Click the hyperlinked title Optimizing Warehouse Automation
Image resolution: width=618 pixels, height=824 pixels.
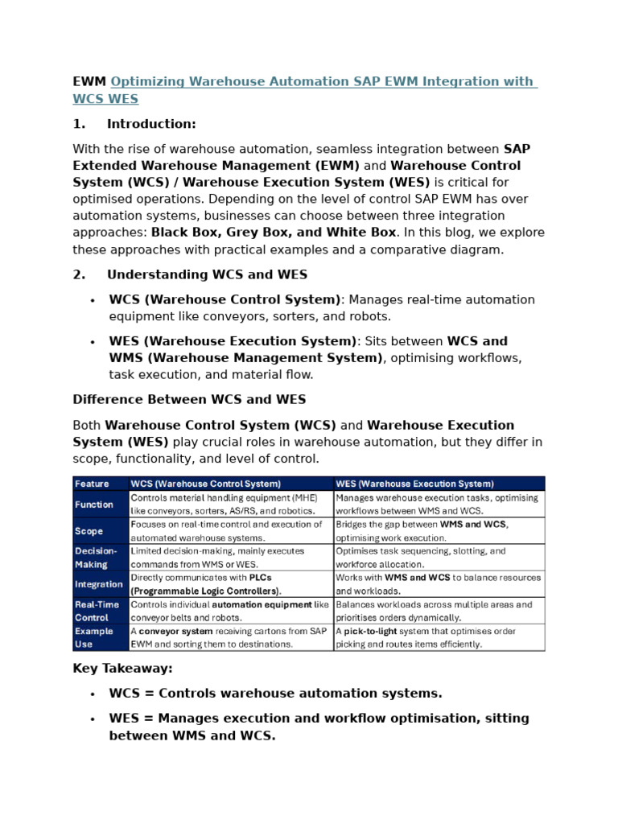click(322, 81)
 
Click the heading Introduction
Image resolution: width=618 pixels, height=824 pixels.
click(151, 124)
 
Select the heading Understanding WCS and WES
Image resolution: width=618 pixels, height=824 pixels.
click(207, 274)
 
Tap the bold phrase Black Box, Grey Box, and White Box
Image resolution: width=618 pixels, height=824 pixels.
click(274, 232)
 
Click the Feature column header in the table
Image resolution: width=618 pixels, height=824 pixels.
click(92, 484)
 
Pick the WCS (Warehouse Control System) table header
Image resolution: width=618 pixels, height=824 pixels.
click(206, 484)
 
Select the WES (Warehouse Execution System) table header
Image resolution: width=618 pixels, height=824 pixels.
click(414, 484)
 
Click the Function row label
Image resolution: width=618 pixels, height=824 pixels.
click(94, 505)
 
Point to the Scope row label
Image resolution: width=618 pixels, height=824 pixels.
click(89, 531)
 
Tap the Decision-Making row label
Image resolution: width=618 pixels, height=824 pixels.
click(96, 558)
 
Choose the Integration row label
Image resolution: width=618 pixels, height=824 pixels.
click(99, 584)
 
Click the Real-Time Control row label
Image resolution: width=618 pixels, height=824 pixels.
click(97, 611)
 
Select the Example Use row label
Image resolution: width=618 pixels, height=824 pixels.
click(94, 637)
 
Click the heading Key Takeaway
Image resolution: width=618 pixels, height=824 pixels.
click(122, 668)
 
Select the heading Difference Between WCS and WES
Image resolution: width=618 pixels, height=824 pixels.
click(189, 399)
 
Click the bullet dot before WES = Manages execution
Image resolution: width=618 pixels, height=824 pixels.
click(93, 719)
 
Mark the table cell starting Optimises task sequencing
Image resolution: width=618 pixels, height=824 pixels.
click(439, 558)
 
